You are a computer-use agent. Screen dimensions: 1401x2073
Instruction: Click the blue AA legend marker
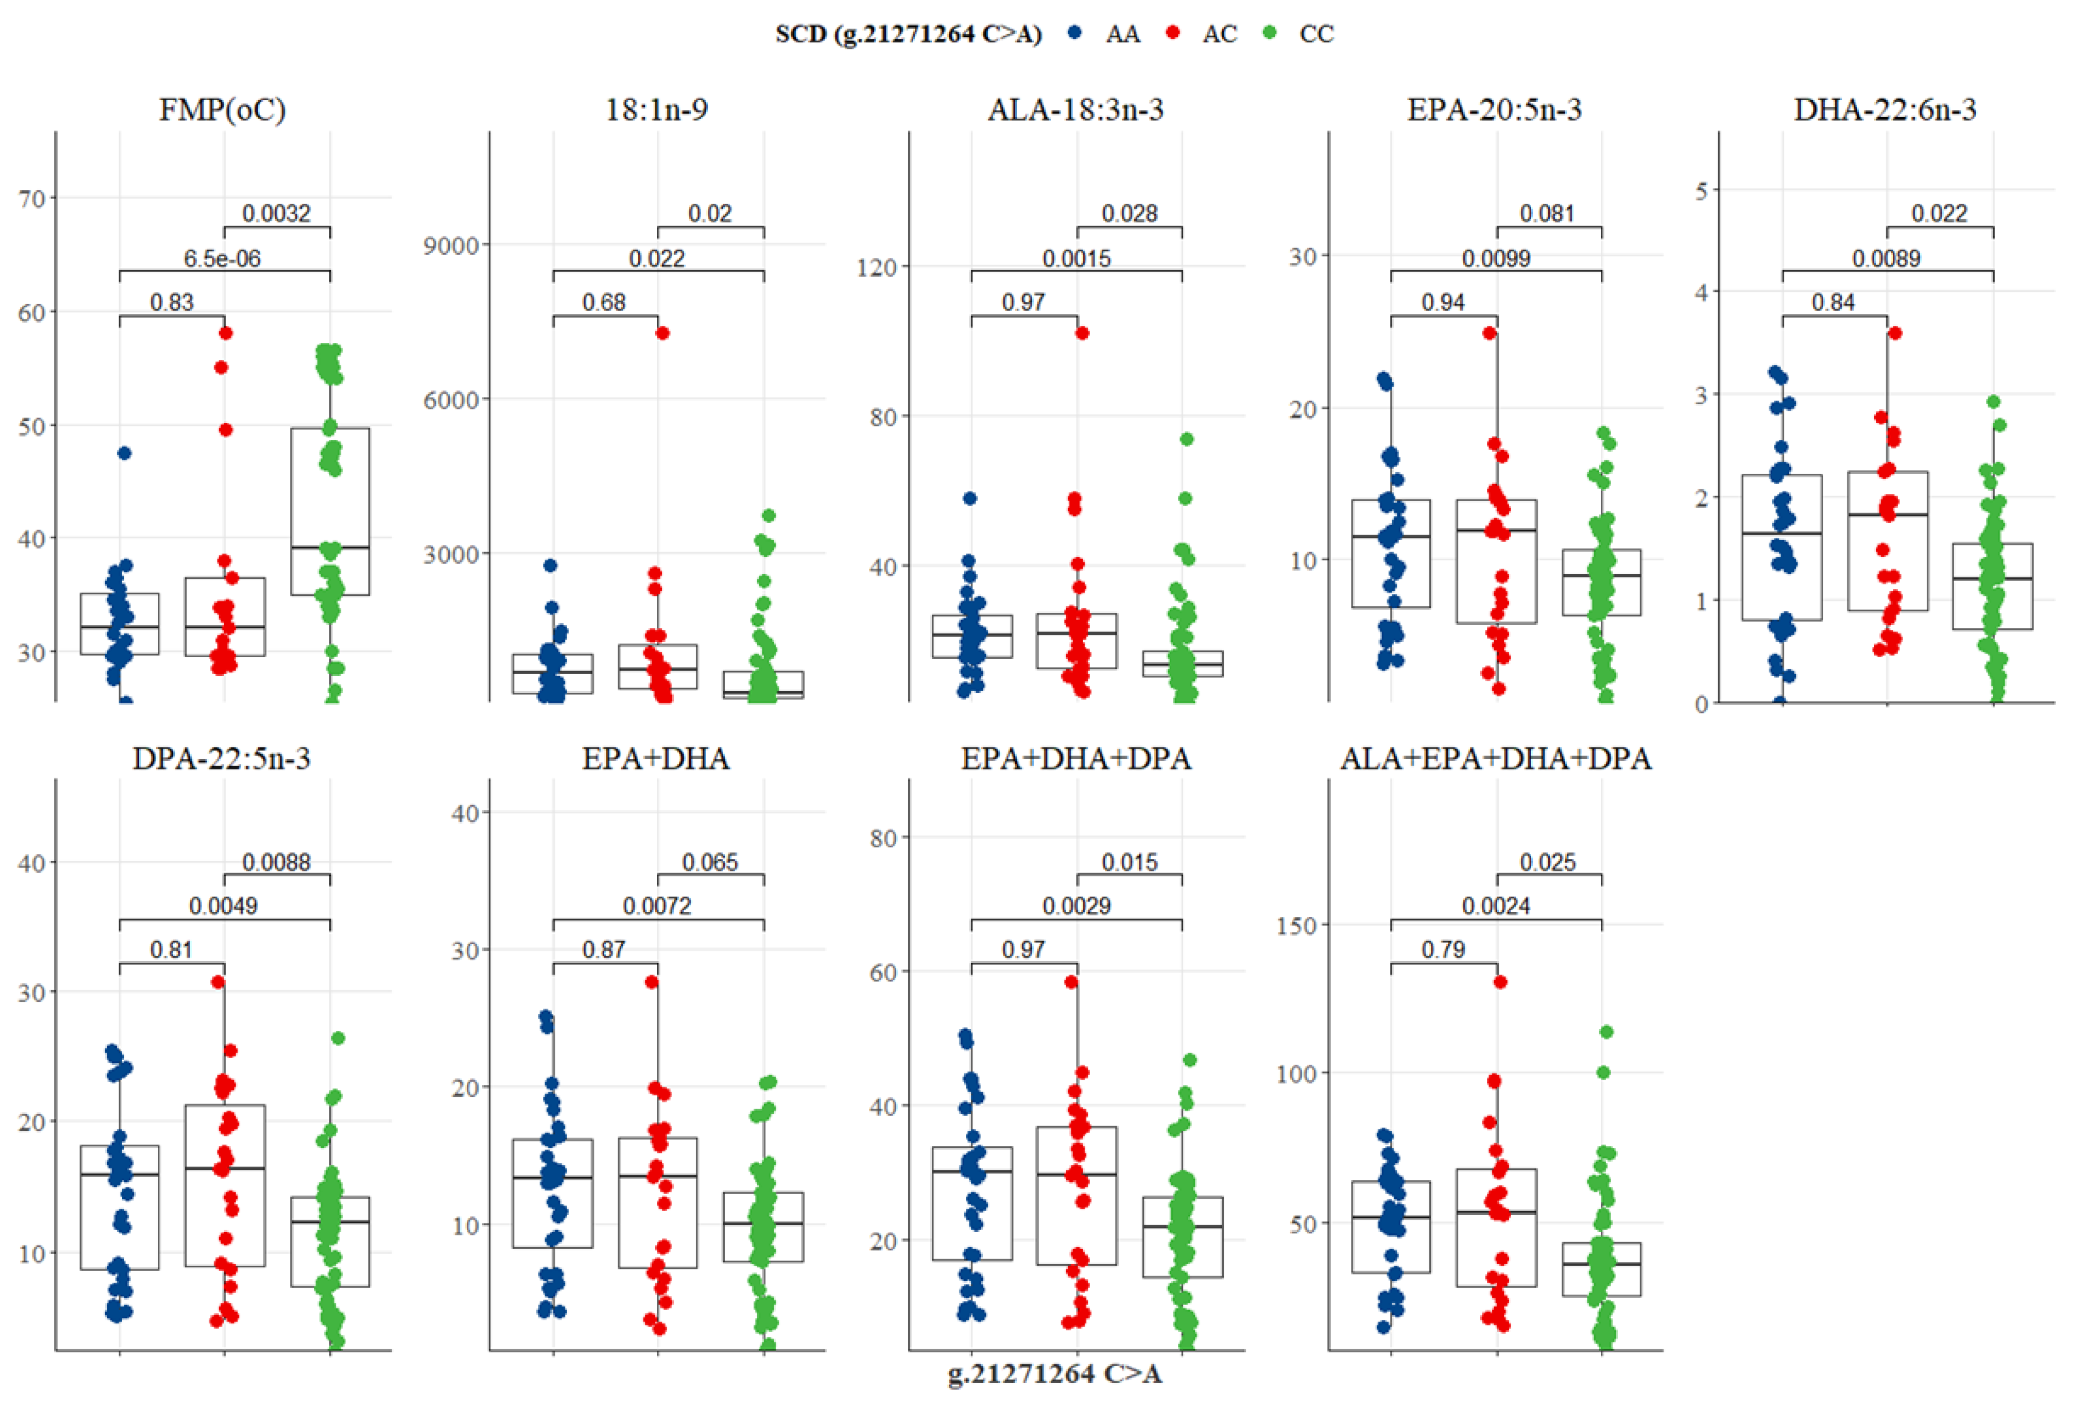click(1076, 33)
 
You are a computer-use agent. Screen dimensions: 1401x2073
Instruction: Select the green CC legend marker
click(1270, 33)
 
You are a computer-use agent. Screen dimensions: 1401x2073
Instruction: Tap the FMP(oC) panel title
click(222, 110)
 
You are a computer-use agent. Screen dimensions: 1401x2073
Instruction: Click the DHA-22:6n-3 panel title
click(1885, 110)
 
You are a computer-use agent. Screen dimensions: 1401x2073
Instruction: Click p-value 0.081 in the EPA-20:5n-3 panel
click(1547, 214)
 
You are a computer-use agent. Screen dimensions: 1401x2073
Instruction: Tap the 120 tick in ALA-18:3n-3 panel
click(877, 267)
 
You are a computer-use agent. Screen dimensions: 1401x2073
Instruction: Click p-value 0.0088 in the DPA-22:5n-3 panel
click(277, 863)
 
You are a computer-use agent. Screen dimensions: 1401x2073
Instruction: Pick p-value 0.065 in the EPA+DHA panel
click(710, 863)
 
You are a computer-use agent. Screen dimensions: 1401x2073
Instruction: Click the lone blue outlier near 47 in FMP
click(125, 453)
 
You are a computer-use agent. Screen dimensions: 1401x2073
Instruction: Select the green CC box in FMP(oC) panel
click(330, 511)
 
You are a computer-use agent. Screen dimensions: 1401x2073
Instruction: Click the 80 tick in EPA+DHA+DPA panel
click(883, 839)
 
